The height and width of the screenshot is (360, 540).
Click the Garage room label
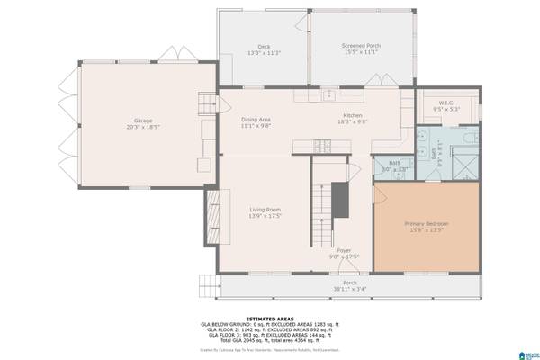(142, 120)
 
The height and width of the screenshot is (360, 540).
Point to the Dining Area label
(256, 120)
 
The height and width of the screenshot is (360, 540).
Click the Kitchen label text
(352, 116)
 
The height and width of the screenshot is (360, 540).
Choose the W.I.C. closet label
(447, 103)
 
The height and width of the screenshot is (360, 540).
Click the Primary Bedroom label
(427, 223)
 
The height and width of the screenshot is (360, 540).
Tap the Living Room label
(265, 210)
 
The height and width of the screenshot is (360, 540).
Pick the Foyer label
(344, 250)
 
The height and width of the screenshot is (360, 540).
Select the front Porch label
(349, 283)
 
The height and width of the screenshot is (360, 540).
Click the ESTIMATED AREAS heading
(270, 317)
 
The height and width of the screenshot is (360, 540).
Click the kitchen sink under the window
(330, 94)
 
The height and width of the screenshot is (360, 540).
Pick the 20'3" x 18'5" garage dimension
(142, 127)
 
